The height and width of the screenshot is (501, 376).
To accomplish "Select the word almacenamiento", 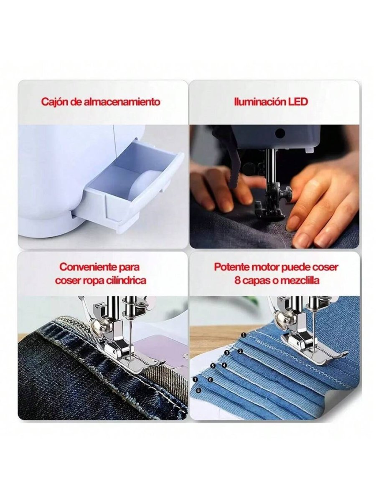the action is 122,102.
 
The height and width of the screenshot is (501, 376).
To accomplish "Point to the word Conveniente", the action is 88,267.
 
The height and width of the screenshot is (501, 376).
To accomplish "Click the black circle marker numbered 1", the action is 244,335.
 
